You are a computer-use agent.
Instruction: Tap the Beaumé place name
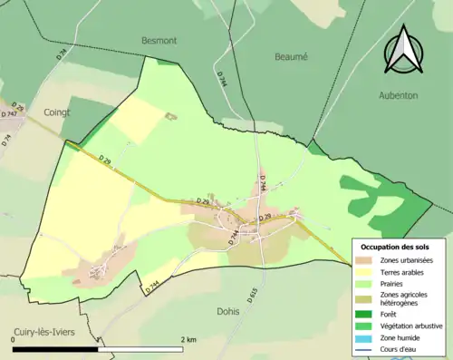click(x=291, y=55)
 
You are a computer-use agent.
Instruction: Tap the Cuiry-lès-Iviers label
click(x=56, y=332)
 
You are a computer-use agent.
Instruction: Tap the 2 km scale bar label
click(x=188, y=339)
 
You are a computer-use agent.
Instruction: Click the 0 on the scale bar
click(x=14, y=339)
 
